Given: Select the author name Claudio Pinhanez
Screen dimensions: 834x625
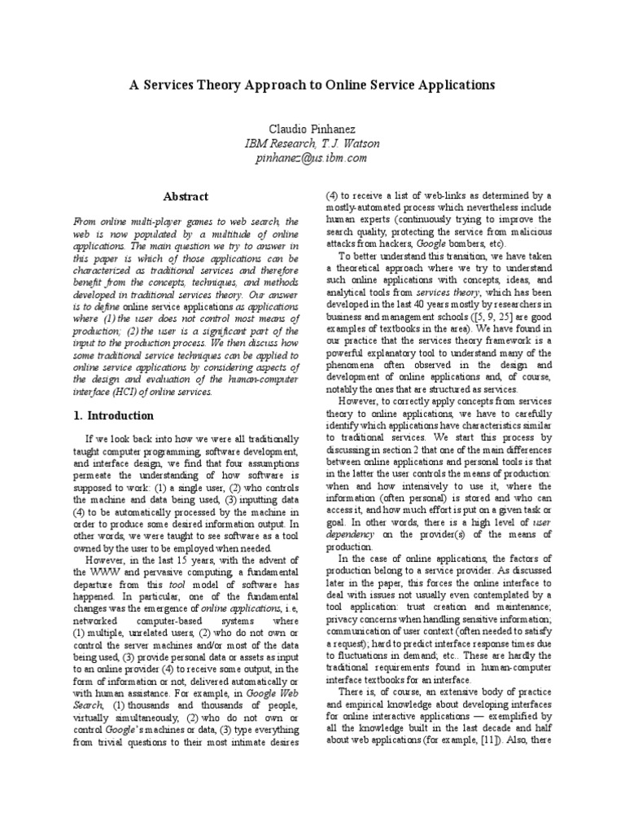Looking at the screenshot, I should (x=313, y=129).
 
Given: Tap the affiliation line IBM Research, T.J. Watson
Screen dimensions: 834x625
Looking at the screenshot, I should (x=313, y=144).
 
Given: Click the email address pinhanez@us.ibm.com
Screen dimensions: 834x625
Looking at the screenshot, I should (x=313, y=158).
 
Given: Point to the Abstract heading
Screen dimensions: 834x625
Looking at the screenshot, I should (x=186, y=196).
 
